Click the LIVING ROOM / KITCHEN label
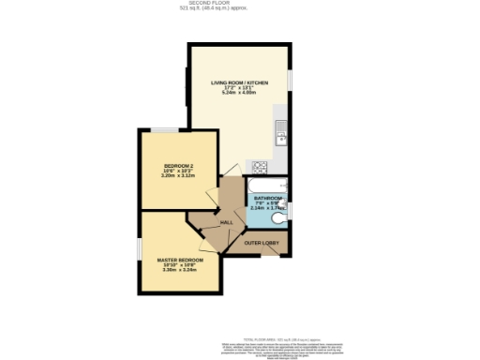point(239,83)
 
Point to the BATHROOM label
point(266,198)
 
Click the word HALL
point(227,222)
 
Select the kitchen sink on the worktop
point(279,137)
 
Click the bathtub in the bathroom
point(266,185)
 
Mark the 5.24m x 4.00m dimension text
point(239,94)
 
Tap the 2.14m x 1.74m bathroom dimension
point(266,208)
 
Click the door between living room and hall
point(229,173)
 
